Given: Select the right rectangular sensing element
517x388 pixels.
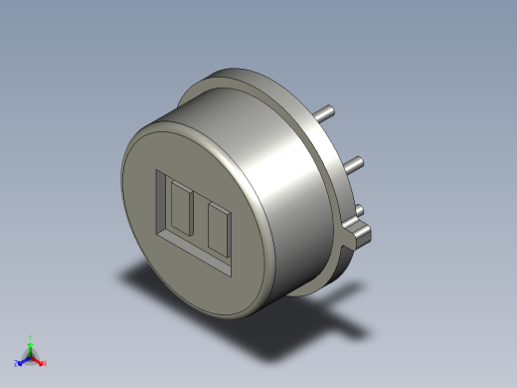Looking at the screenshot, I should (x=217, y=230).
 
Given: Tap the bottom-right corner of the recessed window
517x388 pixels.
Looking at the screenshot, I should (x=235, y=274).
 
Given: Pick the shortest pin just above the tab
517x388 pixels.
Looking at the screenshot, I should (x=360, y=210).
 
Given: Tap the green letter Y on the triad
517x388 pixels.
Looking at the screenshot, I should (x=31, y=338).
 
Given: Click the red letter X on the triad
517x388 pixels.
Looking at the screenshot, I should (x=45, y=363).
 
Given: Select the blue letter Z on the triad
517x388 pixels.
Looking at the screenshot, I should (x=16, y=363).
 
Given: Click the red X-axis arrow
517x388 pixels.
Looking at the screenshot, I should (x=38, y=360).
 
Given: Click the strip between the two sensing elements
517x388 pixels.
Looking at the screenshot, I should (x=200, y=221).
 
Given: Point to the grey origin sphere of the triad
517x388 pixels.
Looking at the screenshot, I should (x=31, y=356).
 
